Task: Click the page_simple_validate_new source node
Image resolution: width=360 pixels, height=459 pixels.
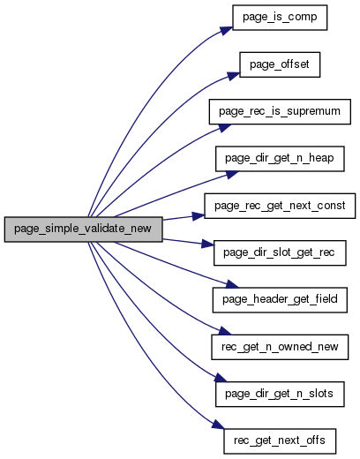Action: pyautogui.click(x=83, y=229)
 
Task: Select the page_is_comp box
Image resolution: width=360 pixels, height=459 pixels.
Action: pyautogui.click(x=280, y=18)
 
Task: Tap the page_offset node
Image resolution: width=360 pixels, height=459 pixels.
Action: pyautogui.click(x=280, y=64)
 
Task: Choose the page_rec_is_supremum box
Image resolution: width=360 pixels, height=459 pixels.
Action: pyautogui.click(x=280, y=112)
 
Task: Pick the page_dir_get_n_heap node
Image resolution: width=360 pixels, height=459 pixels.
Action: pyautogui.click(x=280, y=159)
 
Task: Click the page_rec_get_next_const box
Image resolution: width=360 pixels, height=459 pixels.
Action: pyautogui.click(x=280, y=206)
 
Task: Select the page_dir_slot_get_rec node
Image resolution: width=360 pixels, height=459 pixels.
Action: pyautogui.click(x=280, y=253)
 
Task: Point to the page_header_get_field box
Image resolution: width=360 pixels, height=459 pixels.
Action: pyautogui.click(x=280, y=300)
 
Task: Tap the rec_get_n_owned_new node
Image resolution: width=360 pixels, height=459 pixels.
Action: pyautogui.click(x=280, y=347)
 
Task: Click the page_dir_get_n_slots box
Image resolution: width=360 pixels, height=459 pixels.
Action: pyautogui.click(x=280, y=395)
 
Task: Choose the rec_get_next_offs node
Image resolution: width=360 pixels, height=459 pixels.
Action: pyautogui.click(x=280, y=441)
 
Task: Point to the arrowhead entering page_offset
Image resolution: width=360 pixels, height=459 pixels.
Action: pyautogui.click(x=233, y=76)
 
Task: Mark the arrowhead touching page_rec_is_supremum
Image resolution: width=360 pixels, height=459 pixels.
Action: pyautogui.click(x=224, y=127)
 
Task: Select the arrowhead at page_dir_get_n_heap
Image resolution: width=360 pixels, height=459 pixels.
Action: pyautogui.click(x=231, y=174)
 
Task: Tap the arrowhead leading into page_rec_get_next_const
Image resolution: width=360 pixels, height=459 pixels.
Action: pyautogui.click(x=198, y=216)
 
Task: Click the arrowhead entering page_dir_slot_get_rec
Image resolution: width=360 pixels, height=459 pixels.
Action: pyautogui.click(x=207, y=244)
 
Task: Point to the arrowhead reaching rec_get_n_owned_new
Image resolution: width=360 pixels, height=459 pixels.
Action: pyautogui.click(x=225, y=331)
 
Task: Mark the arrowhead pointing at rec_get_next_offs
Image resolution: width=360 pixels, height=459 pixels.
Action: pyautogui.click(x=218, y=425)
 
